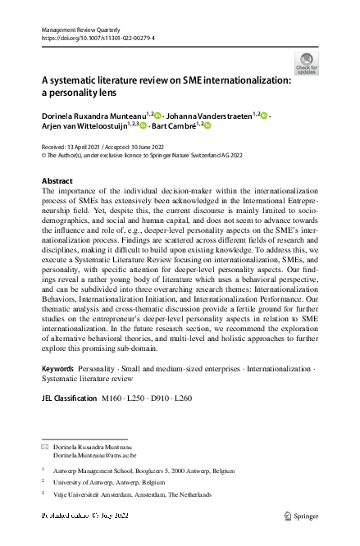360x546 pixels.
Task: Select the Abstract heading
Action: pyautogui.click(x=57, y=180)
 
